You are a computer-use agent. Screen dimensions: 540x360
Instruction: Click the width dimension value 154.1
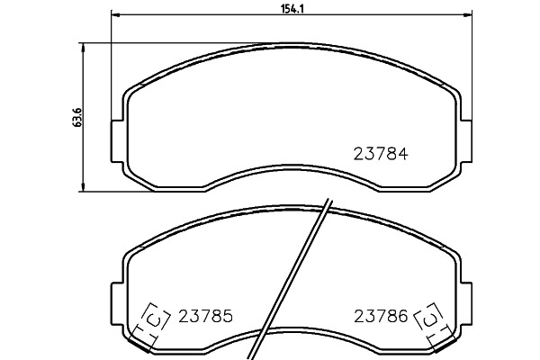click(292, 9)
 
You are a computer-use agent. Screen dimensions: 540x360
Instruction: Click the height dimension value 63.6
click(77, 117)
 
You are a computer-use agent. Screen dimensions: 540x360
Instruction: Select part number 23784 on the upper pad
click(381, 154)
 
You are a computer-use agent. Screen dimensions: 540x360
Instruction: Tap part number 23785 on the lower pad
click(205, 316)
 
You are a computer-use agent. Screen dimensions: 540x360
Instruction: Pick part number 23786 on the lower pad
click(381, 316)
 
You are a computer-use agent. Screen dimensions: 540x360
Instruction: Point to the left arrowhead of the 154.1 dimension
click(114, 14)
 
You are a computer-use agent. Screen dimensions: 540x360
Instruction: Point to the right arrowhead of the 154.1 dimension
click(468, 14)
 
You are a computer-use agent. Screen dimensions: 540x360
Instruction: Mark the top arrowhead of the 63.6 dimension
click(82, 48)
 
